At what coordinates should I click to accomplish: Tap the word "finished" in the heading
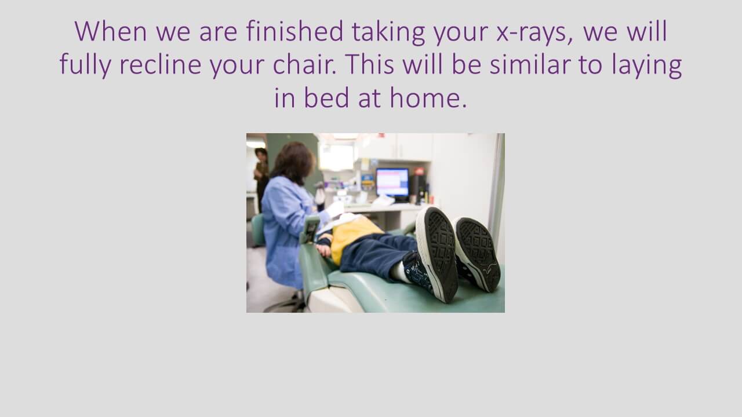coord(294,31)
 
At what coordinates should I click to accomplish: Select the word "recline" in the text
coord(161,64)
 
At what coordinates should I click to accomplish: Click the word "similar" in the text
coord(530,64)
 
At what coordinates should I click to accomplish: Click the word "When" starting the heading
coord(111,31)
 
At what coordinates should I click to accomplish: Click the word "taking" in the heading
coord(388,32)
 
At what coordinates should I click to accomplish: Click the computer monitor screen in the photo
coord(392,182)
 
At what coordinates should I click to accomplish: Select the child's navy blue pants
coord(377,255)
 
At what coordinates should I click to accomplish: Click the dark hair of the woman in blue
coord(293,163)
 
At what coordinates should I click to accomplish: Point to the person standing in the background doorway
coord(261,179)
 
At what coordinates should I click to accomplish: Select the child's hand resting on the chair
coord(323,249)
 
